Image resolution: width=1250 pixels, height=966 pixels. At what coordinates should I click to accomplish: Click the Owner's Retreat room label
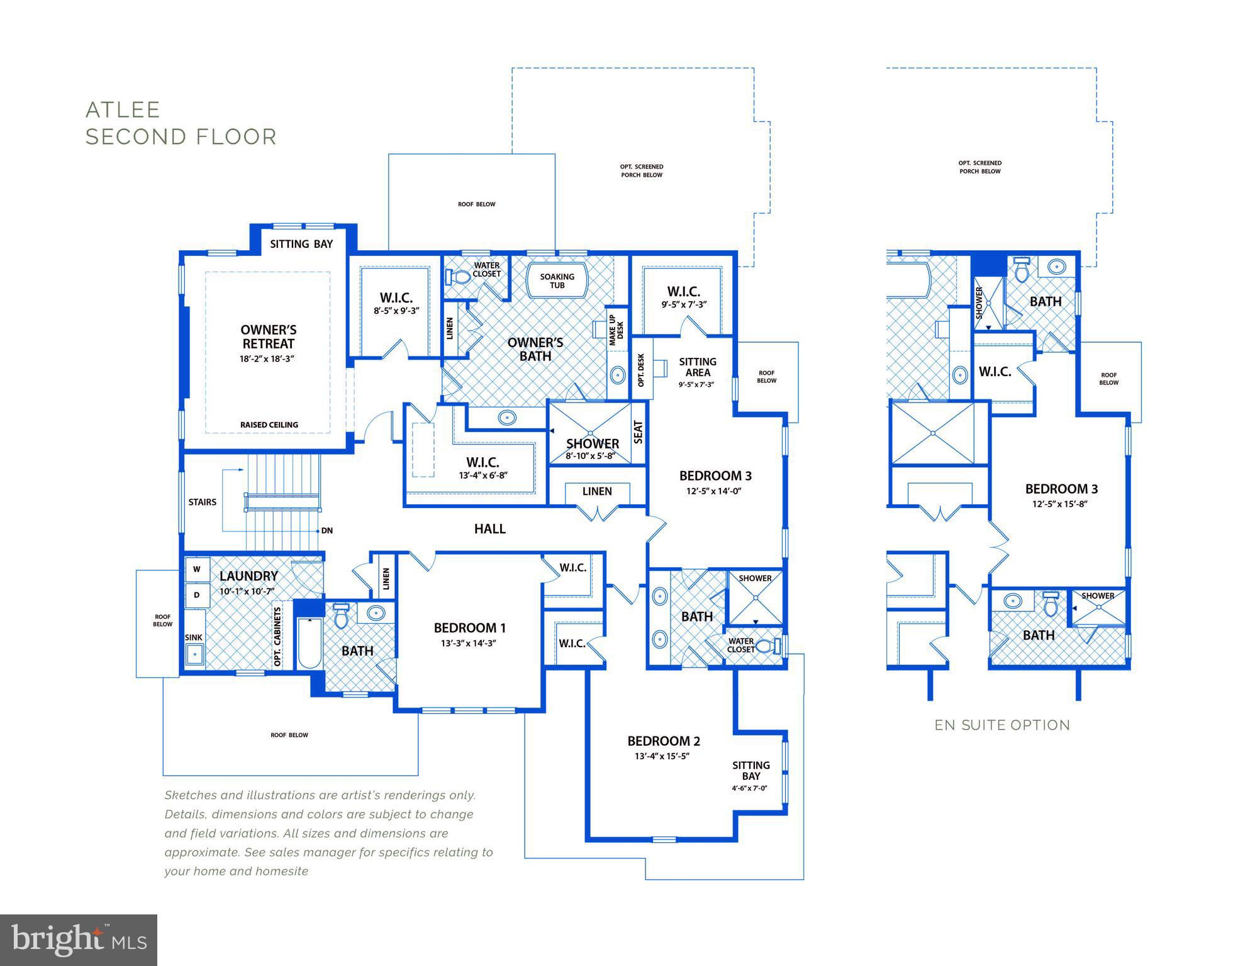269,336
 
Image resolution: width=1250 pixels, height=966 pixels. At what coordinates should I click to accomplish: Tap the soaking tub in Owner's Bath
557,280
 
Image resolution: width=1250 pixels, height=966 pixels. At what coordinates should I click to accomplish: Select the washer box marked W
197,569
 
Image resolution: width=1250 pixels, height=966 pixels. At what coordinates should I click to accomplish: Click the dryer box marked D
197,594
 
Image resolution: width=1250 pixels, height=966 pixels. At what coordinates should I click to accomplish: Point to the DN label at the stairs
327,531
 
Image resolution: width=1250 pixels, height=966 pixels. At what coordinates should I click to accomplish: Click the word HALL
490,529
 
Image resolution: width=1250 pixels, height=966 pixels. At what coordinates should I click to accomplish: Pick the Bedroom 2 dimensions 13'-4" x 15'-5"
662,756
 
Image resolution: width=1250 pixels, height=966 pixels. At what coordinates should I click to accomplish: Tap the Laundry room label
248,576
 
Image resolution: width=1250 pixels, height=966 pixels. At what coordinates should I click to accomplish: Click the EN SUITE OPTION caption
1002,725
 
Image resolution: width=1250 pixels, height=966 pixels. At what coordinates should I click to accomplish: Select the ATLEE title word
123,110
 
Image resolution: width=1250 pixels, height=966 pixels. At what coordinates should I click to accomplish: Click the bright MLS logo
79,940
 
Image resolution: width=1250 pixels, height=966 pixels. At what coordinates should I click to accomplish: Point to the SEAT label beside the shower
639,432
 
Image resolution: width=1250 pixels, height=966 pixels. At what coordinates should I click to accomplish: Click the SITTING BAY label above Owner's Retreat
301,244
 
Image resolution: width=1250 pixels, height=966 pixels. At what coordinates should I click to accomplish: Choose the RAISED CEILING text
269,425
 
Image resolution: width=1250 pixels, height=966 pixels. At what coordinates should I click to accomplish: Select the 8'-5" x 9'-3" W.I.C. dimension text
396,311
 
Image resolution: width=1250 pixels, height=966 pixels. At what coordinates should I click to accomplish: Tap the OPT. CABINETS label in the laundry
277,635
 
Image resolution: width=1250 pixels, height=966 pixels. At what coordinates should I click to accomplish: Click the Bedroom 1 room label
470,628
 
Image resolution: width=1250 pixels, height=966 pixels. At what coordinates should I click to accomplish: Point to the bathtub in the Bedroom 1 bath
310,643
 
